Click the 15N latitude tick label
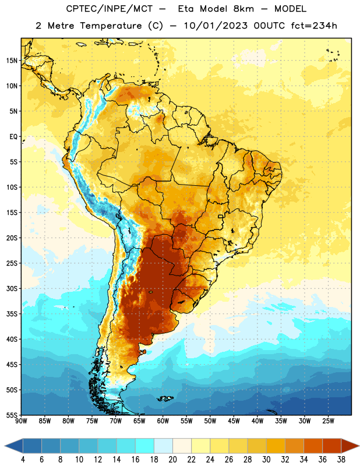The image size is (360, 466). click(12, 61)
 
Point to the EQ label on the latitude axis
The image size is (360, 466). click(13, 137)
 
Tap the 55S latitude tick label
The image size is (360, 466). click(12, 415)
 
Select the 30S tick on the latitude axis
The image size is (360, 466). click(12, 288)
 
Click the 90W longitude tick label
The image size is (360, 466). click(21, 421)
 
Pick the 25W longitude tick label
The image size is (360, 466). click(328, 421)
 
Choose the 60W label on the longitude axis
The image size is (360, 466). click(163, 421)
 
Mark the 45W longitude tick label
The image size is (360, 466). click(234, 421)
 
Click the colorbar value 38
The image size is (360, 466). click(341, 460)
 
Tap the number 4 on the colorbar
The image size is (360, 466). click(23, 460)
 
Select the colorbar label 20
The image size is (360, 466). click(172, 460)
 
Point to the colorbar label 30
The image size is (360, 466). click(266, 460)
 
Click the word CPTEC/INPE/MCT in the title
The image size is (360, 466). click(110, 9)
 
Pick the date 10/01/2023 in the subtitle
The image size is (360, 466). click(216, 26)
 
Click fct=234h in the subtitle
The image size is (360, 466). click(314, 26)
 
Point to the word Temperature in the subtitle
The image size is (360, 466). click(111, 26)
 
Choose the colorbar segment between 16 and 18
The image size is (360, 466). click(144, 446)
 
